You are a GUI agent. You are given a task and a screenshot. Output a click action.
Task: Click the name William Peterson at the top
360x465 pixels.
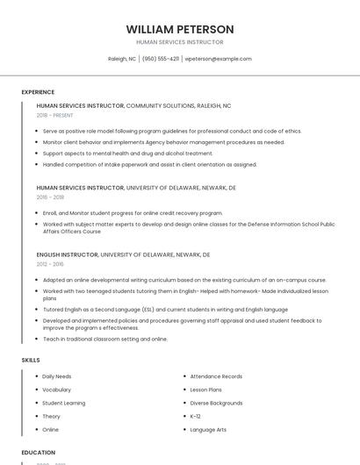click(x=180, y=29)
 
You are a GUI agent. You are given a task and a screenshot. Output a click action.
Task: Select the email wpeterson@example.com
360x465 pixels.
click(x=219, y=59)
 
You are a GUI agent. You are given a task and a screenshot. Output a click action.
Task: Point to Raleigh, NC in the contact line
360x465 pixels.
click(x=121, y=59)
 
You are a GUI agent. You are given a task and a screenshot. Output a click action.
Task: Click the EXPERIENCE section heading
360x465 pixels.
click(x=38, y=92)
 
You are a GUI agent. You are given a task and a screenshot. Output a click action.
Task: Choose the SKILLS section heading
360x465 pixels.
click(x=30, y=360)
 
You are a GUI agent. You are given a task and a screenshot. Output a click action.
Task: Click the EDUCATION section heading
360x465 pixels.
click(x=38, y=453)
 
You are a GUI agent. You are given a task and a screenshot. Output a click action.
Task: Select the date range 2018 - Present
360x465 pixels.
click(x=55, y=115)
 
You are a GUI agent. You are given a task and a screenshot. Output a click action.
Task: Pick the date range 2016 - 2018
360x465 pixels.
click(x=50, y=197)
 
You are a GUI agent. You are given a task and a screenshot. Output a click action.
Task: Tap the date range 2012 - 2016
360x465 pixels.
click(x=50, y=264)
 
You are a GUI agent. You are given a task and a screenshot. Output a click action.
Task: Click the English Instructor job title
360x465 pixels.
click(x=68, y=254)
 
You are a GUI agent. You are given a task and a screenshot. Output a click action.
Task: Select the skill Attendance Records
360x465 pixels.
click(x=216, y=376)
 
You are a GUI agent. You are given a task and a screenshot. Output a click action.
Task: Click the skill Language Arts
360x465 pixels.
click(x=208, y=430)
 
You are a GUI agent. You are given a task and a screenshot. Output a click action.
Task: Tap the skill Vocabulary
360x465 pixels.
click(x=57, y=390)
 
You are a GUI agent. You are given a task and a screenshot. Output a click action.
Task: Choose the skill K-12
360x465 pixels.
click(x=196, y=416)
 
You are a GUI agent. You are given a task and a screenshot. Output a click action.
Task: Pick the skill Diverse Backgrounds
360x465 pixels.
click(x=216, y=403)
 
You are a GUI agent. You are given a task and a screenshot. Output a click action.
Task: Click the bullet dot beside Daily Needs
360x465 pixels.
click(x=36, y=376)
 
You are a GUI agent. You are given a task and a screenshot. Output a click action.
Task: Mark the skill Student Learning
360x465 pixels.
click(x=64, y=403)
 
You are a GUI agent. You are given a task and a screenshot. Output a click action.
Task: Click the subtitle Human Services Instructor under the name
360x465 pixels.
click(x=180, y=42)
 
